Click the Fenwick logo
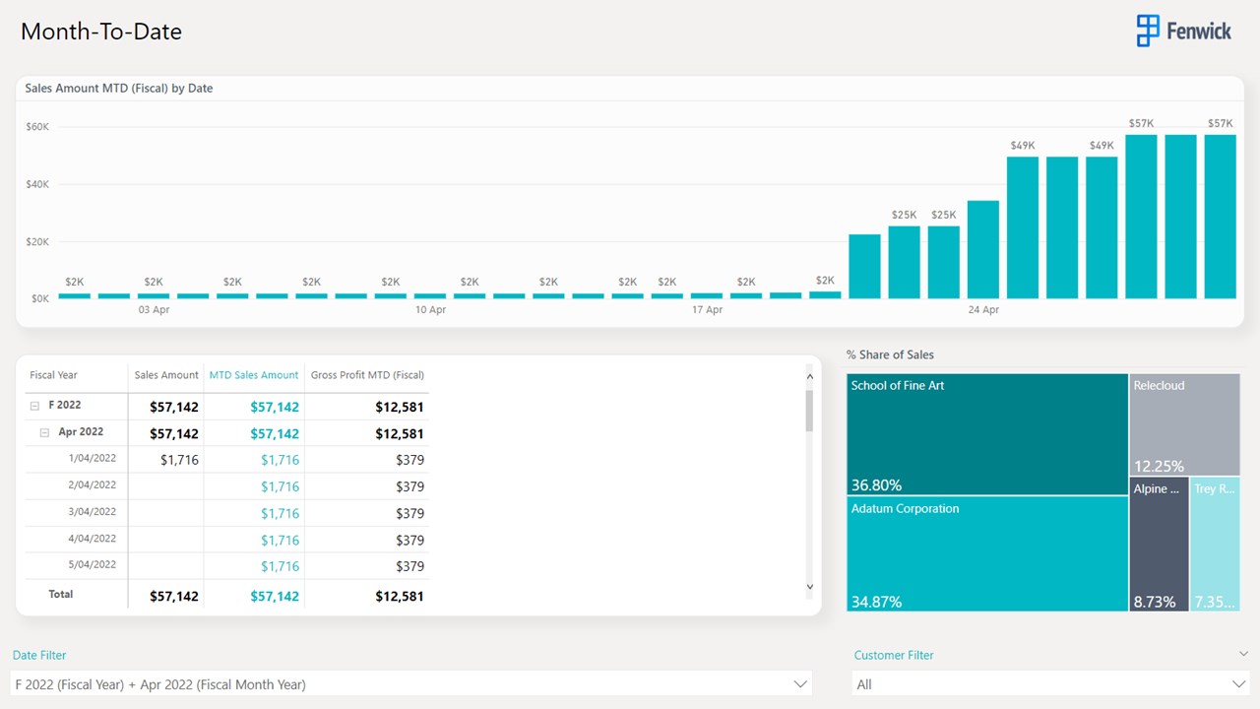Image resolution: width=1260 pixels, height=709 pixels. (1183, 31)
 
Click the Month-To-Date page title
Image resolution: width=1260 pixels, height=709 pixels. (101, 32)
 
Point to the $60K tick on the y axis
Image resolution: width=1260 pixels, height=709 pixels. (37, 127)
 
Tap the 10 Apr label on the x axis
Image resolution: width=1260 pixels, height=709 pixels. (430, 310)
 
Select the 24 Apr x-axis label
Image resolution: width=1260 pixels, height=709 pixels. (983, 310)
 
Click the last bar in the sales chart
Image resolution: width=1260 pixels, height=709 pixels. (1220, 217)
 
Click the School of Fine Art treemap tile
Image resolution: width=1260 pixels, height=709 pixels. (987, 433)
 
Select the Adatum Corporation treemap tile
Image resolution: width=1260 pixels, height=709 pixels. (987, 552)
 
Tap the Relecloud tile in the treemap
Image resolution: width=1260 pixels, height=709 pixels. (1184, 424)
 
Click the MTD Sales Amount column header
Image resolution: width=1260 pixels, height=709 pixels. (254, 375)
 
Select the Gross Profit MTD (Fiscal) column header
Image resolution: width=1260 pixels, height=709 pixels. (367, 375)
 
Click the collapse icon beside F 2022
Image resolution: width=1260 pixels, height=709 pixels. (34, 406)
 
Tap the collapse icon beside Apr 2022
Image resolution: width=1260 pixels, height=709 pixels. (44, 432)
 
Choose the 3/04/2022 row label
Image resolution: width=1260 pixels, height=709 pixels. (93, 512)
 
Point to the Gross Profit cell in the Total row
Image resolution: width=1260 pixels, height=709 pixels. (400, 596)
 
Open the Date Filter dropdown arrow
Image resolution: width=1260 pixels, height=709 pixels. (799, 684)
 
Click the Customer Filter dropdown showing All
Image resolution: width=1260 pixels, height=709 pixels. (1049, 684)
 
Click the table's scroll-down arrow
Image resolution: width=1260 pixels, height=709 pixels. (810, 587)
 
